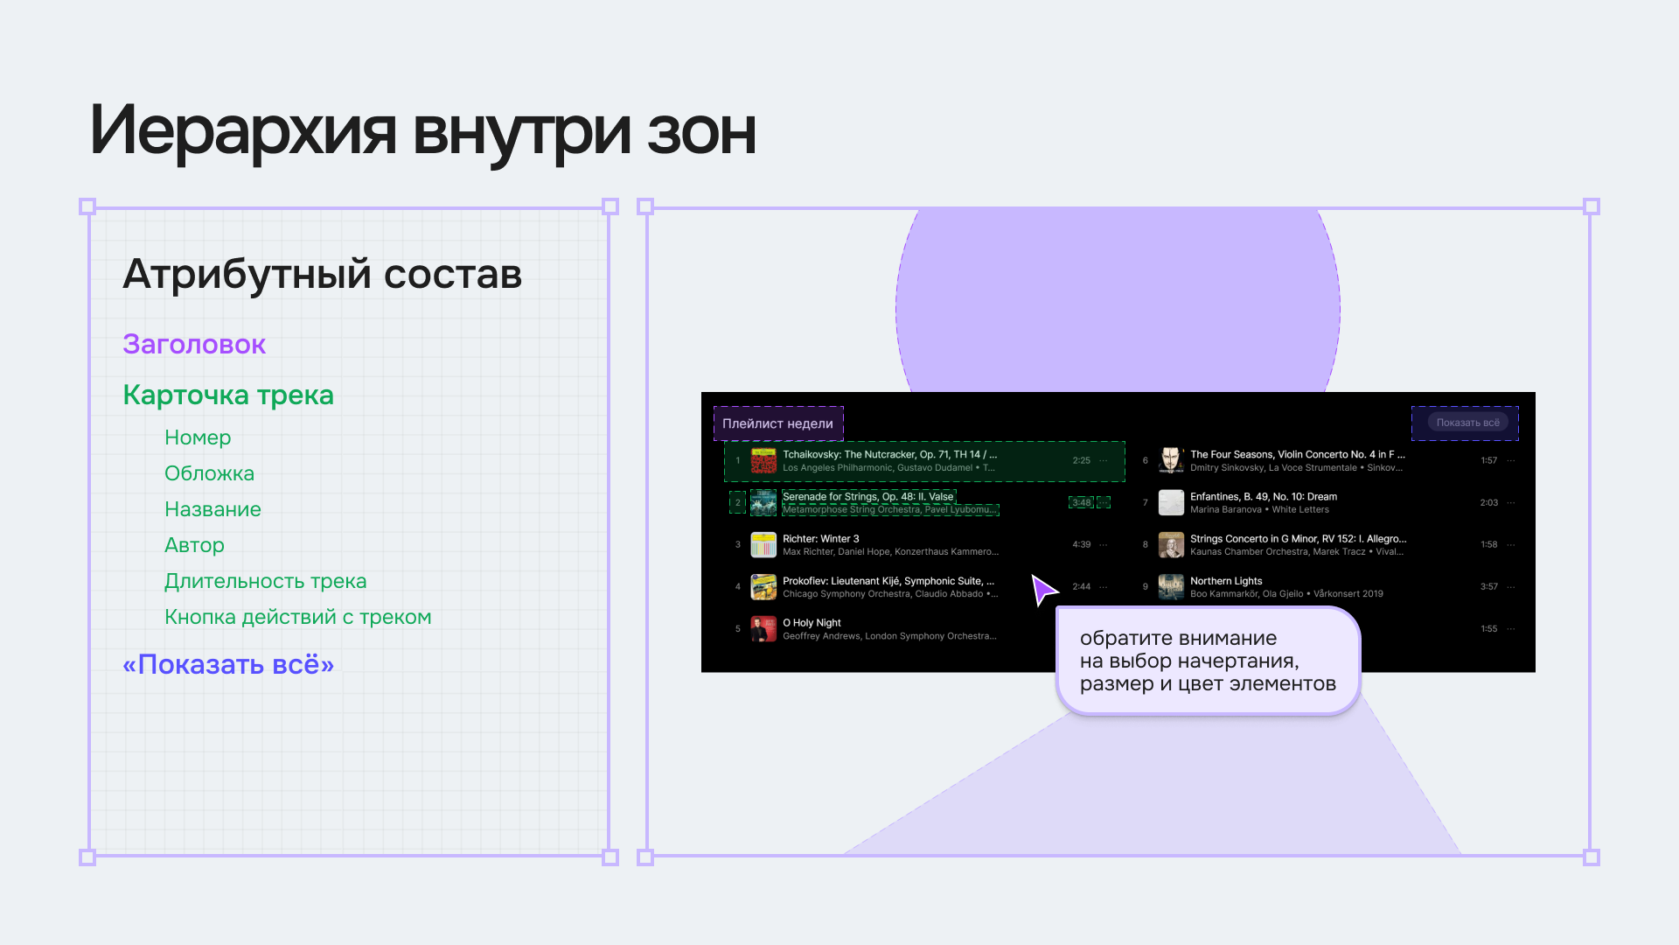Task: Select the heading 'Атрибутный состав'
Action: pyautogui.click(x=322, y=274)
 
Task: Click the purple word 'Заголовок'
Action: pyautogui.click(x=194, y=344)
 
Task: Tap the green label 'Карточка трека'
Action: pyautogui.click(x=228, y=395)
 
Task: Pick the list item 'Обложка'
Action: pyautogui.click(x=209, y=473)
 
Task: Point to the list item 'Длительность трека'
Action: pyautogui.click(x=265, y=581)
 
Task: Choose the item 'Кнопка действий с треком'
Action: pyautogui.click(x=297, y=617)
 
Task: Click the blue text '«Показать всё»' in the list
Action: pyautogui.click(x=228, y=664)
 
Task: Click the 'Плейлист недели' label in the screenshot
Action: pyautogui.click(x=777, y=423)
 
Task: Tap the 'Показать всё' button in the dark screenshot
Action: pyautogui.click(x=1467, y=423)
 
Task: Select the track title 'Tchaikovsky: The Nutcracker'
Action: pyautogui.click(x=889, y=454)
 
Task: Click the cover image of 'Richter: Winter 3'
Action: pyautogui.click(x=763, y=545)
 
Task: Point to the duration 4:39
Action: pyautogui.click(x=1082, y=544)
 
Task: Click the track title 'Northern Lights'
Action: pyautogui.click(x=1226, y=581)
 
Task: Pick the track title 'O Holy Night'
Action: pyautogui.click(x=812, y=623)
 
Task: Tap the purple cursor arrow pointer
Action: pyautogui.click(x=1042, y=590)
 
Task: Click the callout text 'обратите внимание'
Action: pyautogui.click(x=1178, y=638)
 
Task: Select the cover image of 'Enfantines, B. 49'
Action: pyautogui.click(x=1171, y=503)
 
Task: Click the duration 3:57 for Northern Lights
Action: pyautogui.click(x=1489, y=587)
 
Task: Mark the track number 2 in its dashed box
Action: pyautogui.click(x=738, y=502)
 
